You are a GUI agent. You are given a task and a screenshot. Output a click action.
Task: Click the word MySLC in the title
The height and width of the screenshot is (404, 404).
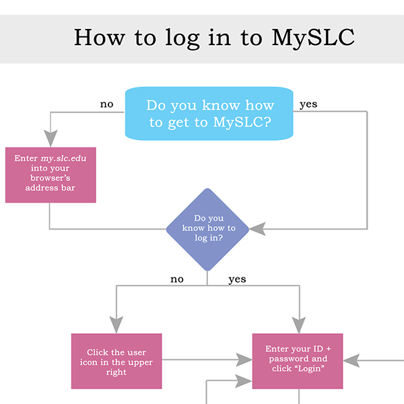click(312, 37)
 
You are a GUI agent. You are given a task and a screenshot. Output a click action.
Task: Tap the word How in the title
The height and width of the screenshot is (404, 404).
click(99, 37)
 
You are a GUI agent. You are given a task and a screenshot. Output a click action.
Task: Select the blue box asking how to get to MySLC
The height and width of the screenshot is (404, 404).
click(209, 114)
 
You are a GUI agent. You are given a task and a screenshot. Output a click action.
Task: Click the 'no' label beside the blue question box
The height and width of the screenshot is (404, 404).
click(106, 104)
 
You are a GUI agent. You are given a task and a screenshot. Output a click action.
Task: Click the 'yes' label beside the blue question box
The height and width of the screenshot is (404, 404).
click(308, 104)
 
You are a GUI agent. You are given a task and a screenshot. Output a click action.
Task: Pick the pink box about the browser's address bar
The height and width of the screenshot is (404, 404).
click(50, 174)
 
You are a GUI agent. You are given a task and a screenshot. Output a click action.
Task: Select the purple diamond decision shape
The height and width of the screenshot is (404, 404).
click(208, 229)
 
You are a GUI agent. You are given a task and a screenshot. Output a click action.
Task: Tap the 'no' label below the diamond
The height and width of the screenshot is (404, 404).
click(176, 279)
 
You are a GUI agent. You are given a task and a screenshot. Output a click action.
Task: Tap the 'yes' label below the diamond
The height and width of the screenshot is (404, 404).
click(237, 279)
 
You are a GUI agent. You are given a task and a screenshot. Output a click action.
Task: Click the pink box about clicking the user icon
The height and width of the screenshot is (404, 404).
click(116, 362)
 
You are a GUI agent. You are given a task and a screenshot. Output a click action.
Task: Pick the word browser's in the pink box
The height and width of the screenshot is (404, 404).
click(50, 178)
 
